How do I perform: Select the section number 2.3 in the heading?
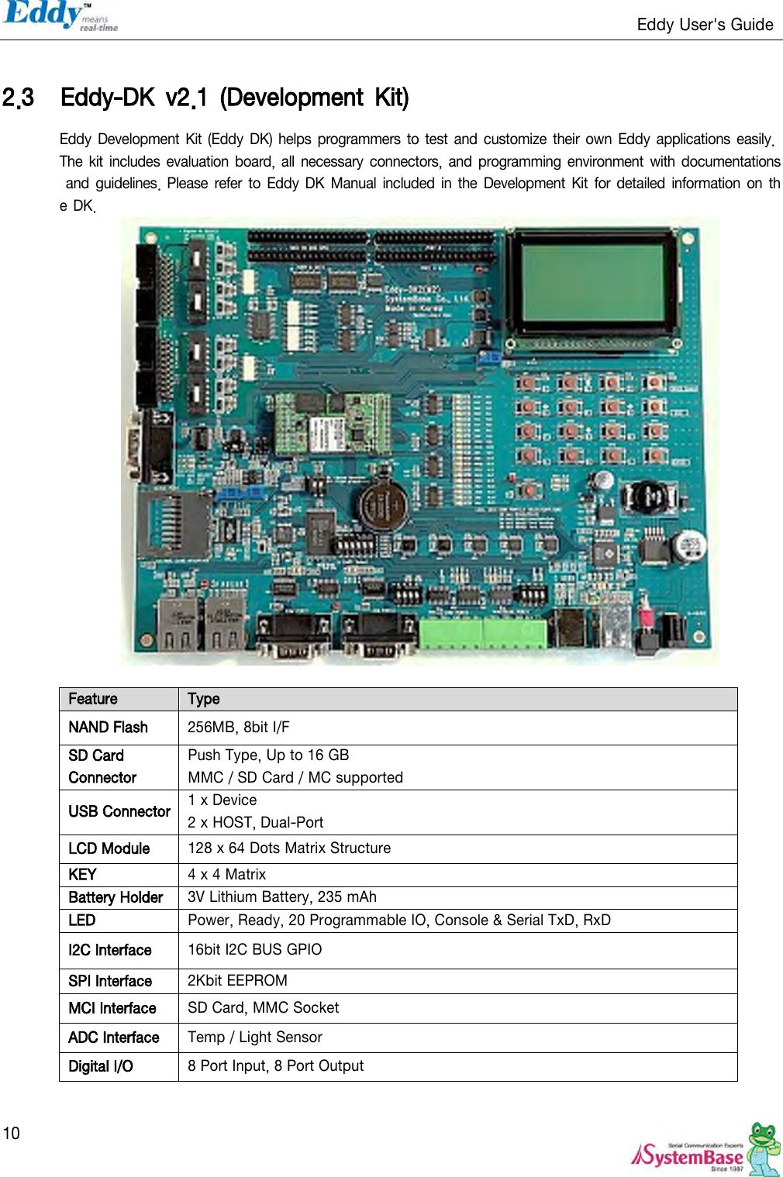18,98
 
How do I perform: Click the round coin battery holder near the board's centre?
381,504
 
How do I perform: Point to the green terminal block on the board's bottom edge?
482,632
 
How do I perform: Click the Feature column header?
93,699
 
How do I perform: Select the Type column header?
204,699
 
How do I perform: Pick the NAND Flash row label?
108,728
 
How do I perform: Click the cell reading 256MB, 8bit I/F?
239,728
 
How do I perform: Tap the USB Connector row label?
119,812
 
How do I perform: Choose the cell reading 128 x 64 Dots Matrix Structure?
289,848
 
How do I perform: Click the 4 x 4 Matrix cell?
226,875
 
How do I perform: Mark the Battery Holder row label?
116,897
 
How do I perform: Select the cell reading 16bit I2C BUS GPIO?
254,950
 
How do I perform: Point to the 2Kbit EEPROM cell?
237,981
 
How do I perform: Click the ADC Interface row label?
113,1038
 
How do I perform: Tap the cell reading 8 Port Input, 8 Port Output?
275,1066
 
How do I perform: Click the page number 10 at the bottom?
12,1134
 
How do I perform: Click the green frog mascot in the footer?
764,1147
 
